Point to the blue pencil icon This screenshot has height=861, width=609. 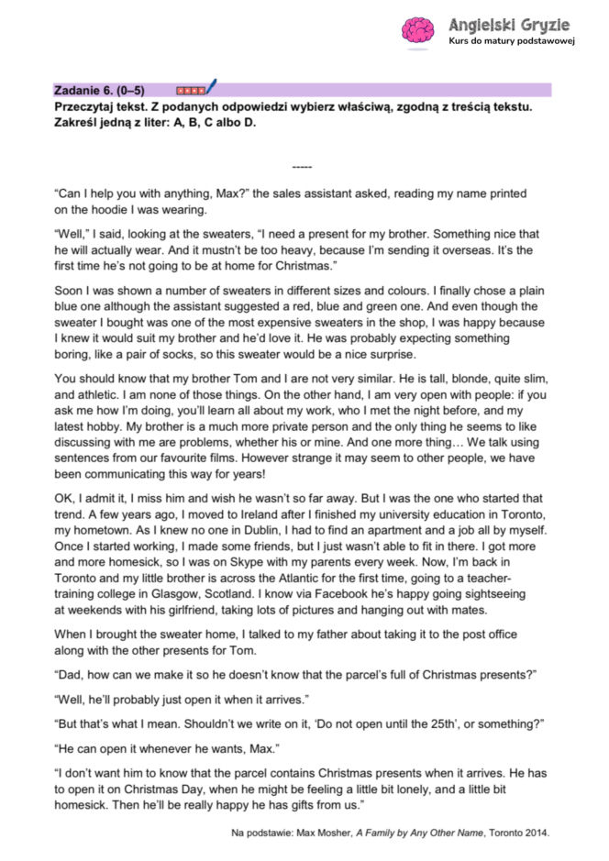(211, 87)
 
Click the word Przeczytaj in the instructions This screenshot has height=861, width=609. (84, 107)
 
